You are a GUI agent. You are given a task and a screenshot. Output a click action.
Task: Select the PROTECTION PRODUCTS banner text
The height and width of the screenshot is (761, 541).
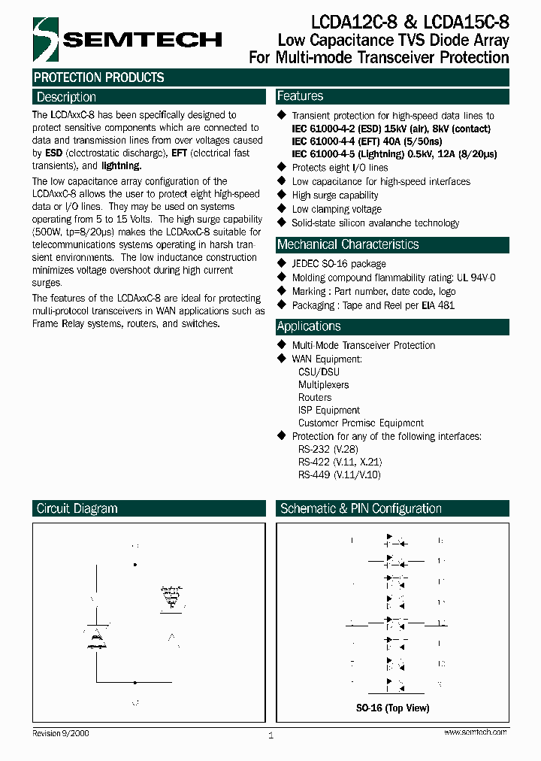tap(98, 77)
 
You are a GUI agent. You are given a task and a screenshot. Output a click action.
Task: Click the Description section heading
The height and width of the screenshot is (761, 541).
tap(66, 97)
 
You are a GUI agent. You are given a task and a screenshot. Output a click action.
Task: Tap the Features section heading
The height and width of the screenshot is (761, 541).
tap(300, 96)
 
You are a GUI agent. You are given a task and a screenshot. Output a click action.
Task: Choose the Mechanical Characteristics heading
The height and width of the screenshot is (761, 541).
tap(348, 244)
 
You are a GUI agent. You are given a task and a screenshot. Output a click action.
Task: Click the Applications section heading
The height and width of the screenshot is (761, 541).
tap(308, 326)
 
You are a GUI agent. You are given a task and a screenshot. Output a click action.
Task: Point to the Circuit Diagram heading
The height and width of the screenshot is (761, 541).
tap(77, 508)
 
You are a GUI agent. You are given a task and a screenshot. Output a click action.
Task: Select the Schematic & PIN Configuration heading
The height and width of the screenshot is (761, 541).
tap(361, 508)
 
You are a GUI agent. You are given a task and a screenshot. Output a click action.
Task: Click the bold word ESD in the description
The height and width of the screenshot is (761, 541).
tap(53, 153)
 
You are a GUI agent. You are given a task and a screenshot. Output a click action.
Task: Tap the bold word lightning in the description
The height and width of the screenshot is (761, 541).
tap(121, 165)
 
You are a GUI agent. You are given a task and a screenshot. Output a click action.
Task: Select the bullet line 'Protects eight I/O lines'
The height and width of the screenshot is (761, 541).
tap(340, 168)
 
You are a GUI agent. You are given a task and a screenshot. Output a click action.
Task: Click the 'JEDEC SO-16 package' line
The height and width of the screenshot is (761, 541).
tap(339, 264)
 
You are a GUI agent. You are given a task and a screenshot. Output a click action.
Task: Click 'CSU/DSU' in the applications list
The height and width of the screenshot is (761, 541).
tap(319, 371)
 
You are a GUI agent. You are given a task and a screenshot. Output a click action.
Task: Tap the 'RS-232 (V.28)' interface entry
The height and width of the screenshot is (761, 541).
tap(328, 449)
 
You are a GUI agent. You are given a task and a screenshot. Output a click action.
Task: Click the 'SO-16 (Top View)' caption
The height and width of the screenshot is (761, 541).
tap(392, 708)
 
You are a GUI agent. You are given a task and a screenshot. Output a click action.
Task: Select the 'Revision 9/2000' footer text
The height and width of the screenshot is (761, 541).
tap(61, 733)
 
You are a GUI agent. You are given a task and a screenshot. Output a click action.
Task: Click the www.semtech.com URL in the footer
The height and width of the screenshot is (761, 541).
tap(476, 732)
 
